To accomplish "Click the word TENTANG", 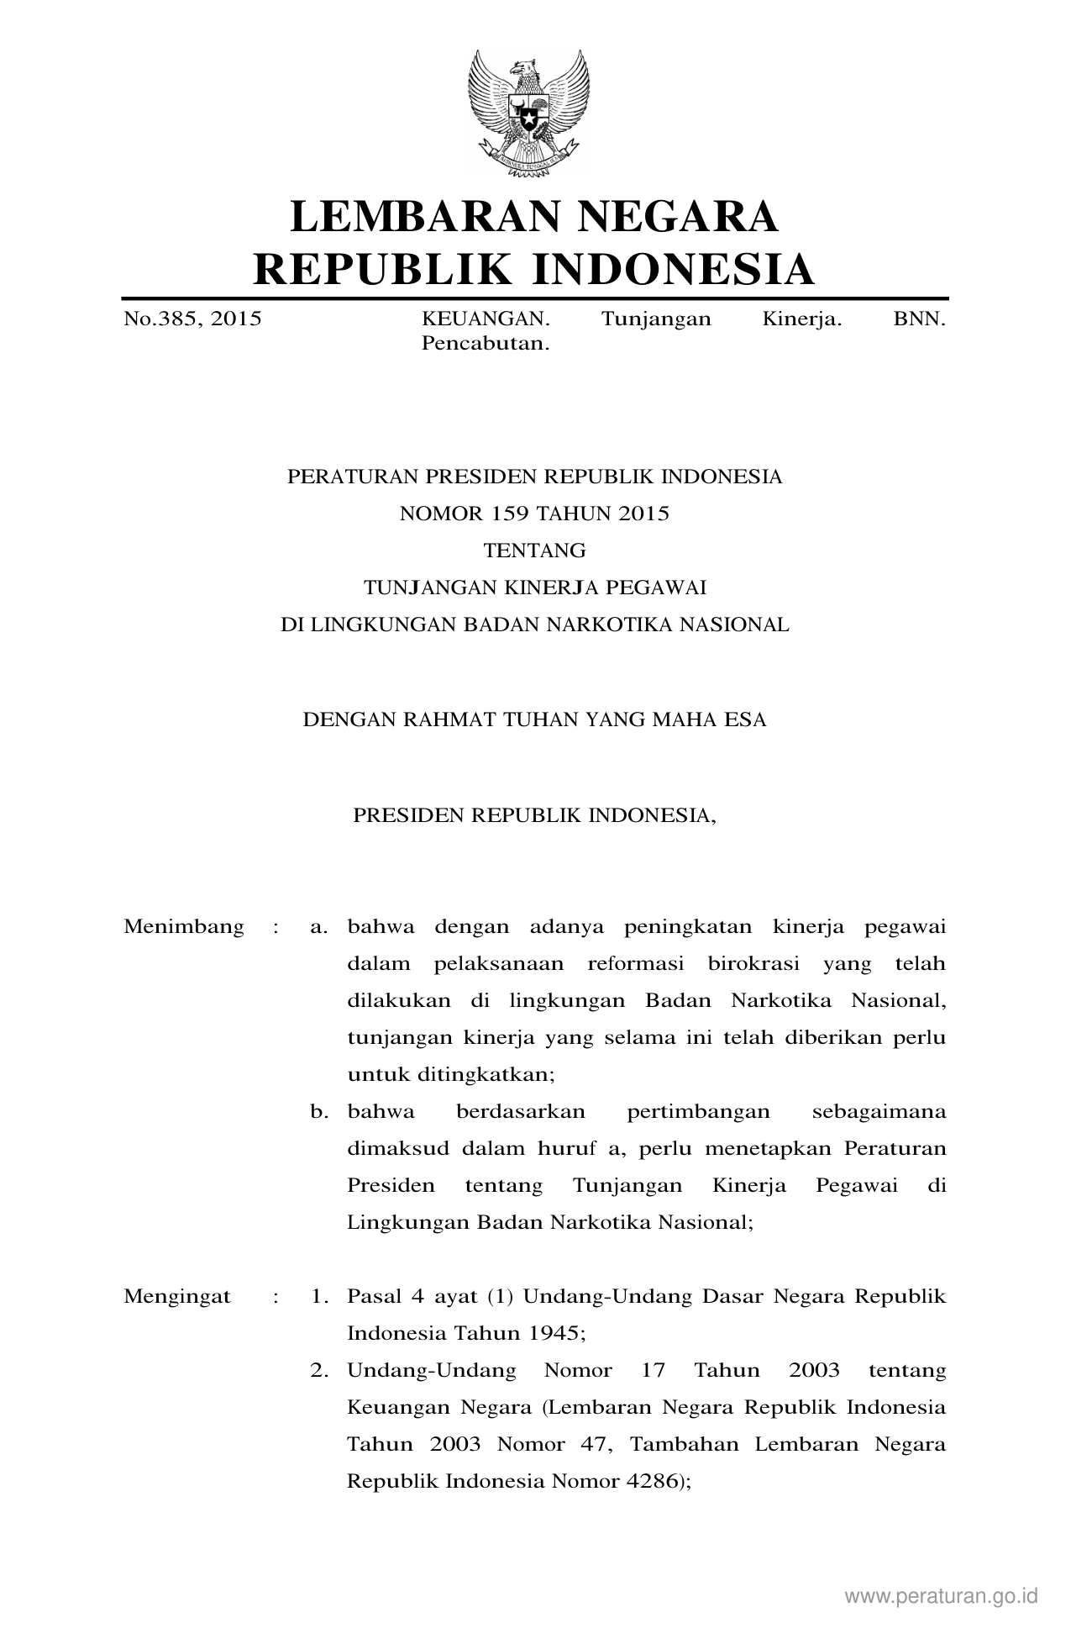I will coord(534,551).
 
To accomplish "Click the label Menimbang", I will coord(184,927).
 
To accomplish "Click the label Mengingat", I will coord(177,1296).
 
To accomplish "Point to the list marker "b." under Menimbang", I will coord(319,1112).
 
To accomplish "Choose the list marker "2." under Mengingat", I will coord(319,1370).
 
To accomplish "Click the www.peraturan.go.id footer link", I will coord(941,1596).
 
